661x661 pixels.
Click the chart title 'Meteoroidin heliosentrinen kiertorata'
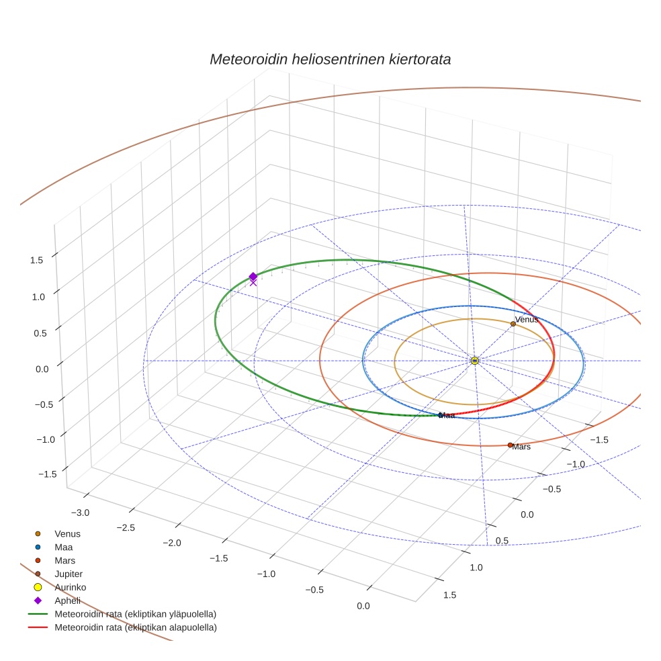coord(330,59)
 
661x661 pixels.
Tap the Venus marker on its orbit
coord(513,324)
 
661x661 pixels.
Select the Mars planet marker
coord(510,445)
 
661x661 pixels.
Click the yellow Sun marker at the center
coord(474,361)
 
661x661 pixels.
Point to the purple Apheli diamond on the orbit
coord(253,277)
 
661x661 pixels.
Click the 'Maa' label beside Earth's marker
coord(447,416)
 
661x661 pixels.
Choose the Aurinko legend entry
coord(70,587)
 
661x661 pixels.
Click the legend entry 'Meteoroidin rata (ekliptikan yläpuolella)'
coord(135,614)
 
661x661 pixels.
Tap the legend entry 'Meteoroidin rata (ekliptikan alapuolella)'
coord(136,627)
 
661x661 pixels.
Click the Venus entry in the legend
coord(67,533)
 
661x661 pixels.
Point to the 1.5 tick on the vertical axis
coord(37,260)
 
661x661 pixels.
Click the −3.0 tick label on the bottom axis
coord(80,513)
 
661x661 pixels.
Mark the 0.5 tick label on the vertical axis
coord(42,333)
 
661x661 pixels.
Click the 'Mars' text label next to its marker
coord(521,447)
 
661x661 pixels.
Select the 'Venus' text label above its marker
coord(526,319)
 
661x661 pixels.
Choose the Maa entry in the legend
coord(63,547)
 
